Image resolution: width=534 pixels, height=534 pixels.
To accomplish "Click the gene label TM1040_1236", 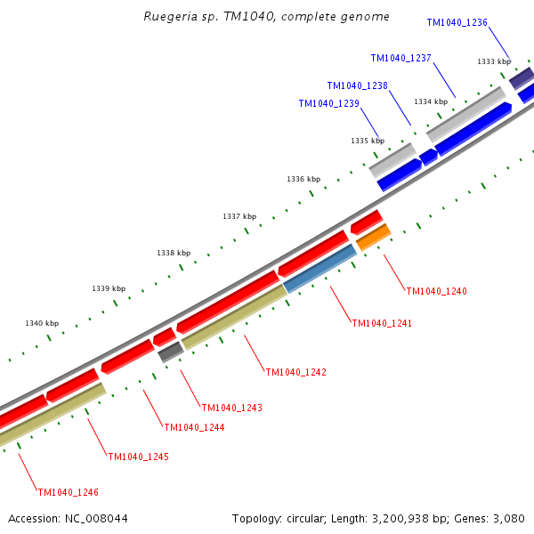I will [x=457, y=22].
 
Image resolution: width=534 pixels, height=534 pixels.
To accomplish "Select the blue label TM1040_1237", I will [x=400, y=59].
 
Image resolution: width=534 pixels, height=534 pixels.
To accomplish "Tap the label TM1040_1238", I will [x=357, y=86].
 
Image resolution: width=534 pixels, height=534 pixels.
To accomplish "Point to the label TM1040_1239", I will [x=328, y=103].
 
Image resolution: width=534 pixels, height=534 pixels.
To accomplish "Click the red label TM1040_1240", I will [x=436, y=291].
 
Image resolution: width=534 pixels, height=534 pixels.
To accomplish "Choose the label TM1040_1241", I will [x=382, y=323].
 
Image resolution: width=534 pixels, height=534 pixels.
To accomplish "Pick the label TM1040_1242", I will [x=295, y=372].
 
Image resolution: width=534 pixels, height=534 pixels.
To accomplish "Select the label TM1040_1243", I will [x=231, y=408].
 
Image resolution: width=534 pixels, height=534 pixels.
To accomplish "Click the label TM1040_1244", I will [x=194, y=427].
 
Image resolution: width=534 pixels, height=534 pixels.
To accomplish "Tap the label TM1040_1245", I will [x=138, y=457].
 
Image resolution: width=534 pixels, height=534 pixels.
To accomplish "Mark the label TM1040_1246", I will [x=68, y=491].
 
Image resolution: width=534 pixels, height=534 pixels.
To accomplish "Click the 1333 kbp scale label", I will [x=494, y=61].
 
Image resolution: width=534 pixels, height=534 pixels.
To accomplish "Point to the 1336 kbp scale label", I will [x=303, y=179].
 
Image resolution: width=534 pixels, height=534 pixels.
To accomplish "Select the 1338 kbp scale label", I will [x=174, y=253].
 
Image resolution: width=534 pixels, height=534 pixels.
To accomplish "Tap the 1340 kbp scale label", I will [x=42, y=323].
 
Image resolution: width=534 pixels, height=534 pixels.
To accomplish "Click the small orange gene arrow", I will [x=373, y=238].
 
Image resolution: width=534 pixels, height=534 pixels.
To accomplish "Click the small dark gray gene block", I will [x=170, y=352].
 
